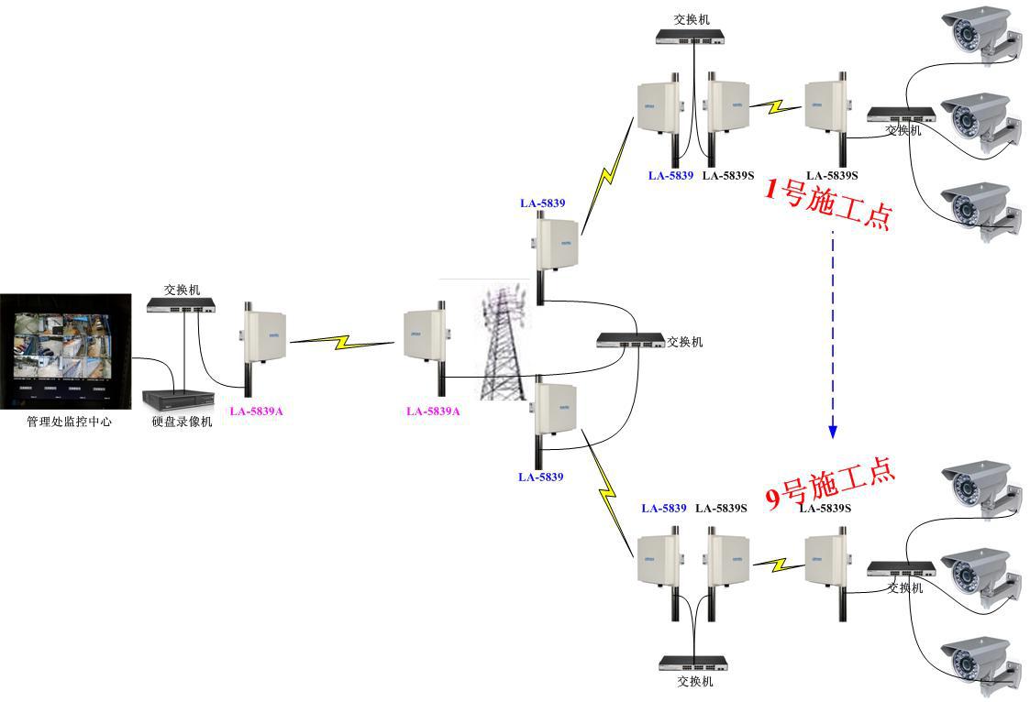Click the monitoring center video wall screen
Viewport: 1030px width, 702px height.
point(65,350)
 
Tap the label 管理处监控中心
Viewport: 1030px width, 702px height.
point(69,422)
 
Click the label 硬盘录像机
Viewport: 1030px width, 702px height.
point(182,422)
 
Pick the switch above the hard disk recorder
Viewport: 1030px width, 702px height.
point(182,306)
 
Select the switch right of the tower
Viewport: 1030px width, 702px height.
point(630,340)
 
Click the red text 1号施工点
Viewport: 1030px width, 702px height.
point(828,203)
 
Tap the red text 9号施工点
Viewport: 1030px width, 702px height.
point(830,485)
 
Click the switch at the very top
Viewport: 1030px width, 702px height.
point(690,38)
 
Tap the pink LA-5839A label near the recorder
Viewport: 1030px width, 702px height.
point(256,411)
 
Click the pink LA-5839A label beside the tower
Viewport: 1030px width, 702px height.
point(433,411)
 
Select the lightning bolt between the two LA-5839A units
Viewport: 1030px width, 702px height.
point(343,343)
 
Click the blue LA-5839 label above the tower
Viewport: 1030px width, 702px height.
point(542,203)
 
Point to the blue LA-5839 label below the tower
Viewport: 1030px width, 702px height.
point(540,477)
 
